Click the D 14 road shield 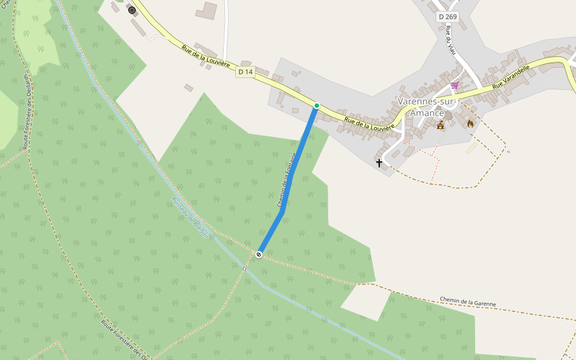pyautogui.click(x=245, y=72)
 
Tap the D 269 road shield pyautogui.click(x=448, y=17)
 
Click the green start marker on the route pyautogui.click(x=317, y=106)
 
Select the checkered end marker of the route pyautogui.click(x=259, y=254)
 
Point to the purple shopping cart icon pyautogui.click(x=454, y=85)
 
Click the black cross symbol pyautogui.click(x=379, y=163)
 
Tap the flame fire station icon pyautogui.click(x=470, y=124)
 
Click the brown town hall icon pyautogui.click(x=441, y=125)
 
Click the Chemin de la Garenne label pyautogui.click(x=467, y=302)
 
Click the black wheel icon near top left pyautogui.click(x=132, y=10)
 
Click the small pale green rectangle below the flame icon pyautogui.click(x=472, y=148)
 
